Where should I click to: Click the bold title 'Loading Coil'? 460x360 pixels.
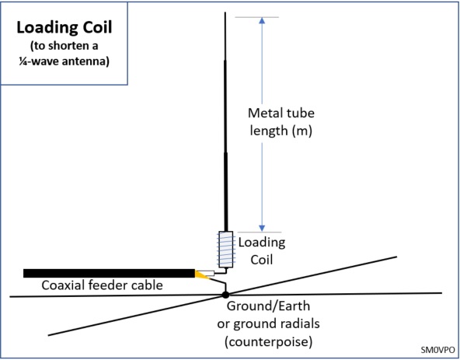(64, 27)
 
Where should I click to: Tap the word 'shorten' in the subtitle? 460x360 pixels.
(69, 46)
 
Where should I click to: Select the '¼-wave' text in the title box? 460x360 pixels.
(38, 61)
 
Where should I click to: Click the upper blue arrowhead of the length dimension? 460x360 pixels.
(262, 20)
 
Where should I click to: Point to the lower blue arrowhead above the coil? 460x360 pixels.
(262, 228)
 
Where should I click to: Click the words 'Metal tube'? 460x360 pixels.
(281, 113)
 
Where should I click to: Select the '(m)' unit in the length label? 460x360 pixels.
(301, 131)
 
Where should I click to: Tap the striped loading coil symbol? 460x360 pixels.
(226, 250)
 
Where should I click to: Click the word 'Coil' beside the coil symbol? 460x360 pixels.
(262, 260)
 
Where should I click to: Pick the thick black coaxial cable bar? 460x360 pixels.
(109, 273)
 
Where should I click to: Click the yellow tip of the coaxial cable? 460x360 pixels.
(201, 275)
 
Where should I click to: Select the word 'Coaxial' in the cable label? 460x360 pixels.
(62, 285)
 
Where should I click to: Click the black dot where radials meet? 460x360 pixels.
(225, 295)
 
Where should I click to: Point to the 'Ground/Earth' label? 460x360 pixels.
(268, 306)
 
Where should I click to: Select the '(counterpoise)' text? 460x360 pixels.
(268, 342)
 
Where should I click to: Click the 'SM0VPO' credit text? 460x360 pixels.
(437, 350)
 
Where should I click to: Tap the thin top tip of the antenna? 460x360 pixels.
(225, 13)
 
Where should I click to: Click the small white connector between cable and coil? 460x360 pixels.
(210, 274)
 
